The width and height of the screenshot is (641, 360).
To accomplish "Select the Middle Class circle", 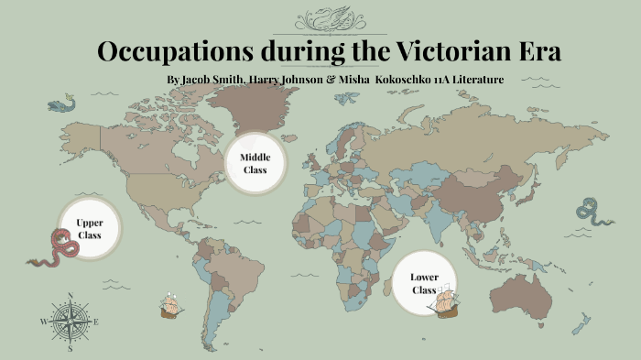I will [255, 163].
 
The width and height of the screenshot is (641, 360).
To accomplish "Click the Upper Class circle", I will [89, 228].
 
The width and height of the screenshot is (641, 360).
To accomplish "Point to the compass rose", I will [70, 322].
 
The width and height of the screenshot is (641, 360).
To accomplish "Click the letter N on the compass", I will [71, 295].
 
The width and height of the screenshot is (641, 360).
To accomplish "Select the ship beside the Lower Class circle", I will [447, 300].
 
